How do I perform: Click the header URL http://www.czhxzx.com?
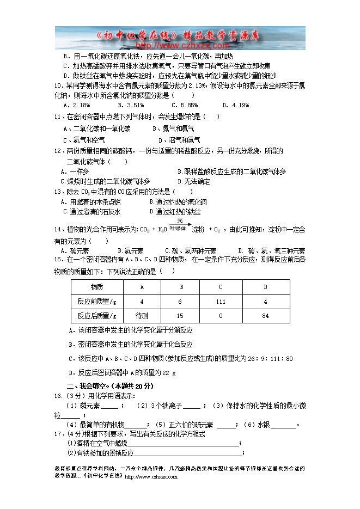click(180, 46)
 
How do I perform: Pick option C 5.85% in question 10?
click(184, 105)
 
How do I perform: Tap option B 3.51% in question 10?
click(130, 105)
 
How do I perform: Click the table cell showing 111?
click(221, 301)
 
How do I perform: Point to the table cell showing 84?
click(265, 316)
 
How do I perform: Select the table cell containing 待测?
click(142, 316)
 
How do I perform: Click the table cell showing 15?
click(181, 316)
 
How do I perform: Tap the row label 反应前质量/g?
click(97, 301)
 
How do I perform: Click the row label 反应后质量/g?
click(97, 316)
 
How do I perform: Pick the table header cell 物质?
click(97, 287)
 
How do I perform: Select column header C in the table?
click(221, 287)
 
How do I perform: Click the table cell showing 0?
click(221, 316)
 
